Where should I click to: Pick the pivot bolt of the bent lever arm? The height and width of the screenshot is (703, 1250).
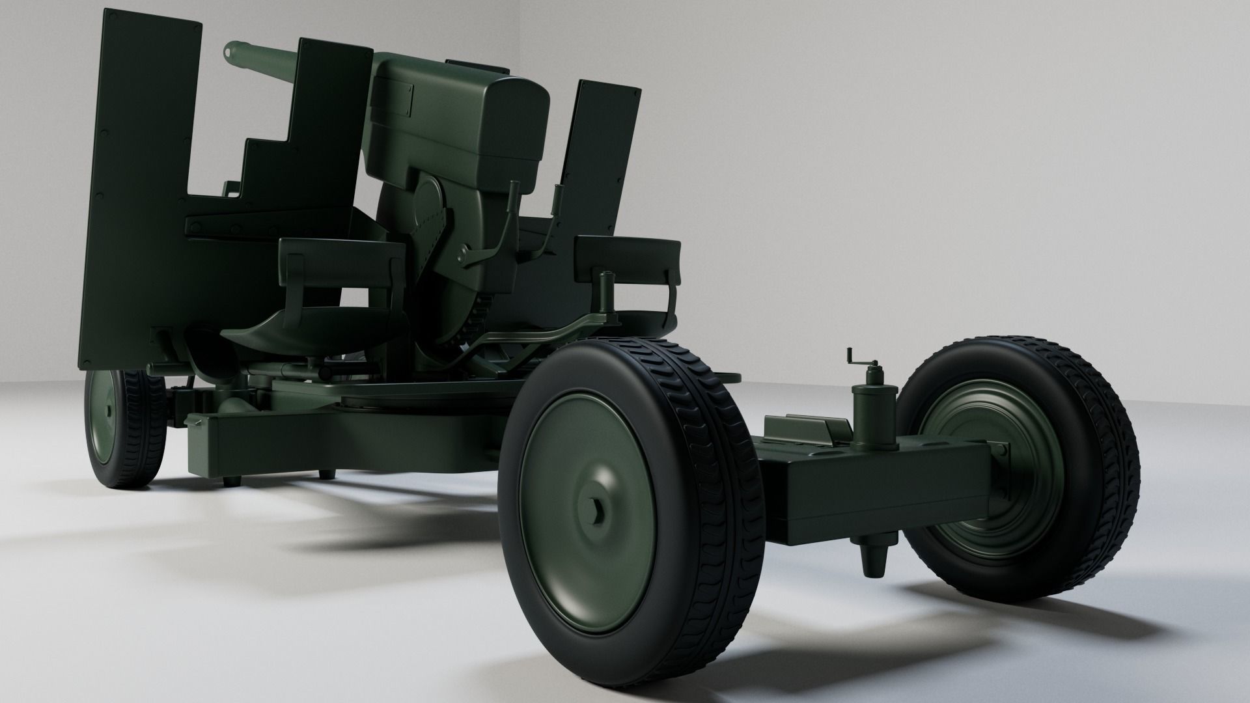[463, 251]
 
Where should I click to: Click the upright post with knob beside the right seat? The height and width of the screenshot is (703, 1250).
[608, 293]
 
